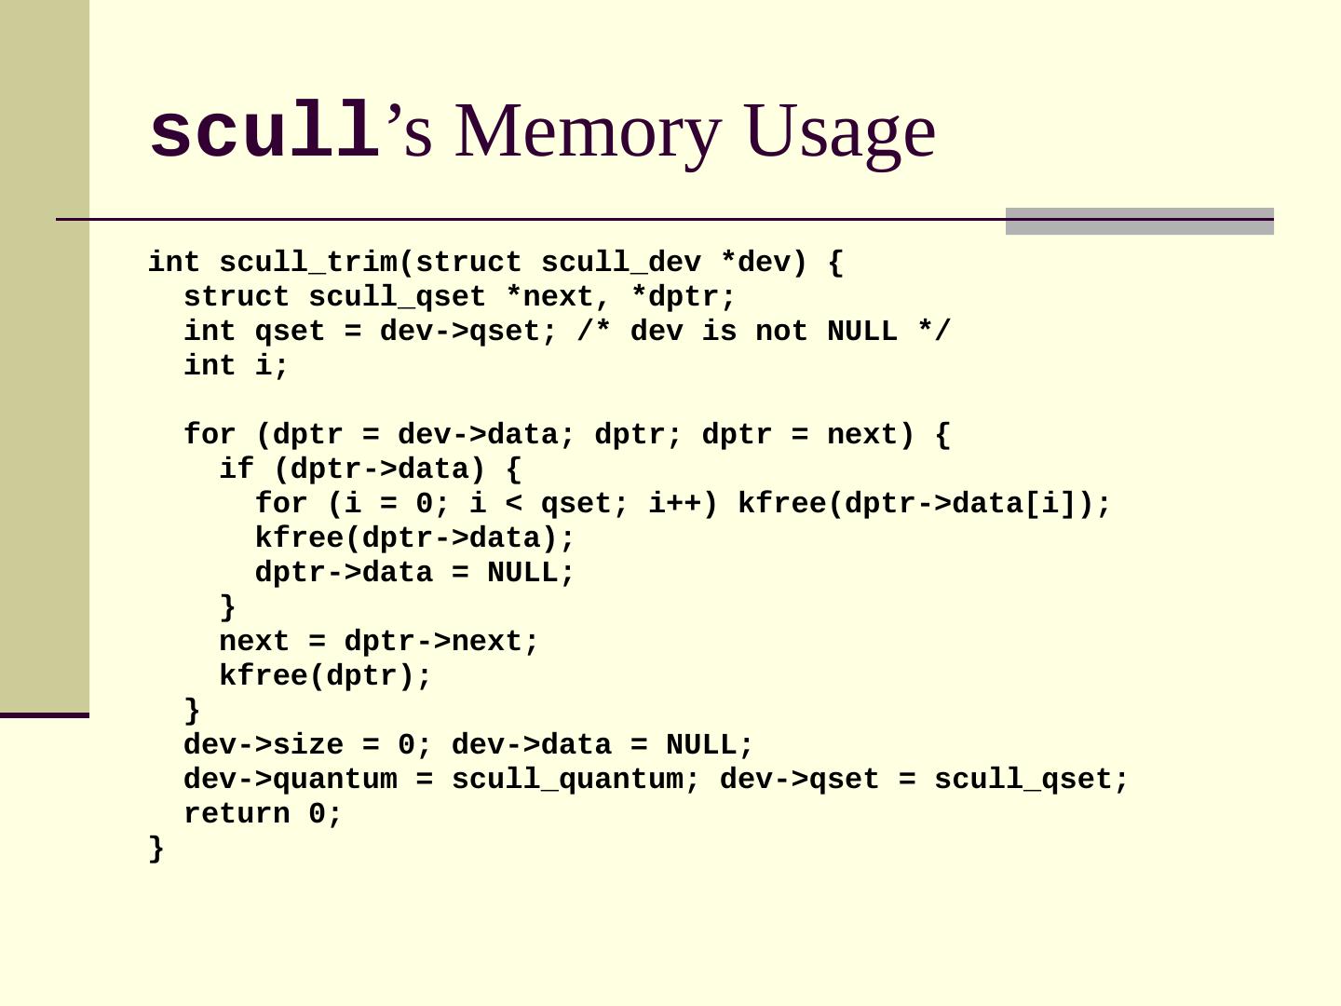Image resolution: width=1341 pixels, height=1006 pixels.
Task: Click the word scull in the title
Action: pyautogui.click(x=264, y=132)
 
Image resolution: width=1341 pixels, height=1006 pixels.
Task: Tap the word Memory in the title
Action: pyautogui.click(x=588, y=132)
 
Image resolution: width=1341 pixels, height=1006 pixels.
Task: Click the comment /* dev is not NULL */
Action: pyautogui.click(x=764, y=332)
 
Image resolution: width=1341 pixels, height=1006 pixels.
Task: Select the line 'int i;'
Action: pyautogui.click(x=237, y=366)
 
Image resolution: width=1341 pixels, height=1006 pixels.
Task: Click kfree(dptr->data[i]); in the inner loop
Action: pyautogui.click(x=924, y=504)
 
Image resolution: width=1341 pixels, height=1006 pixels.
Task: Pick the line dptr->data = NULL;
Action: pyautogui.click(x=415, y=573)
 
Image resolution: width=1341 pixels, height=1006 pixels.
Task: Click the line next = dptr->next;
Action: pyautogui.click(x=379, y=642)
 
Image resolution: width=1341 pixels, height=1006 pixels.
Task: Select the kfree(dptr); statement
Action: pyautogui.click(x=326, y=676)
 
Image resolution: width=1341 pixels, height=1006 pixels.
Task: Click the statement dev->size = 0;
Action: pyautogui.click(x=308, y=745)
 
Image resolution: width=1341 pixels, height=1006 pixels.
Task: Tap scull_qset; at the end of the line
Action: pyautogui.click(x=1031, y=780)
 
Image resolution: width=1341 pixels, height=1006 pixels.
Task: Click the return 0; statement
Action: pyautogui.click(x=264, y=814)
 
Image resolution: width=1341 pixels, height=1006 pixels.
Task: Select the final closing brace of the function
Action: pyautogui.click(x=156, y=849)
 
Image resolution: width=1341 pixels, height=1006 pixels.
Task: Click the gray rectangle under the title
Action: pyautogui.click(x=1139, y=222)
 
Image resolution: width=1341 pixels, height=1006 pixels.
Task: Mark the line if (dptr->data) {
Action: pyautogui.click(x=370, y=469)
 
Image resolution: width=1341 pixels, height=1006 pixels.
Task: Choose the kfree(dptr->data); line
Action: pyautogui.click(x=415, y=538)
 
